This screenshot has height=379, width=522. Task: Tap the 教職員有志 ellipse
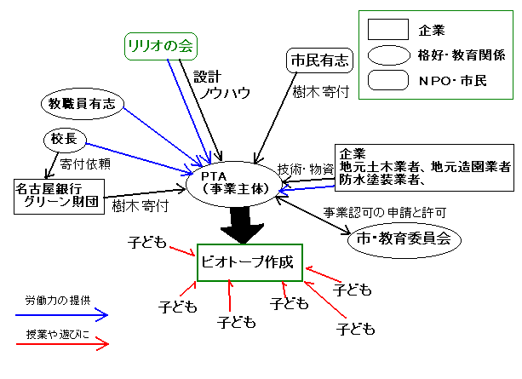83,103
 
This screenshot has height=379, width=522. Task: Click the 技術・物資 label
304,168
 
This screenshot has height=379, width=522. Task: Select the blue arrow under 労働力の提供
66,316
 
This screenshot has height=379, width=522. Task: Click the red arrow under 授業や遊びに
66,344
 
